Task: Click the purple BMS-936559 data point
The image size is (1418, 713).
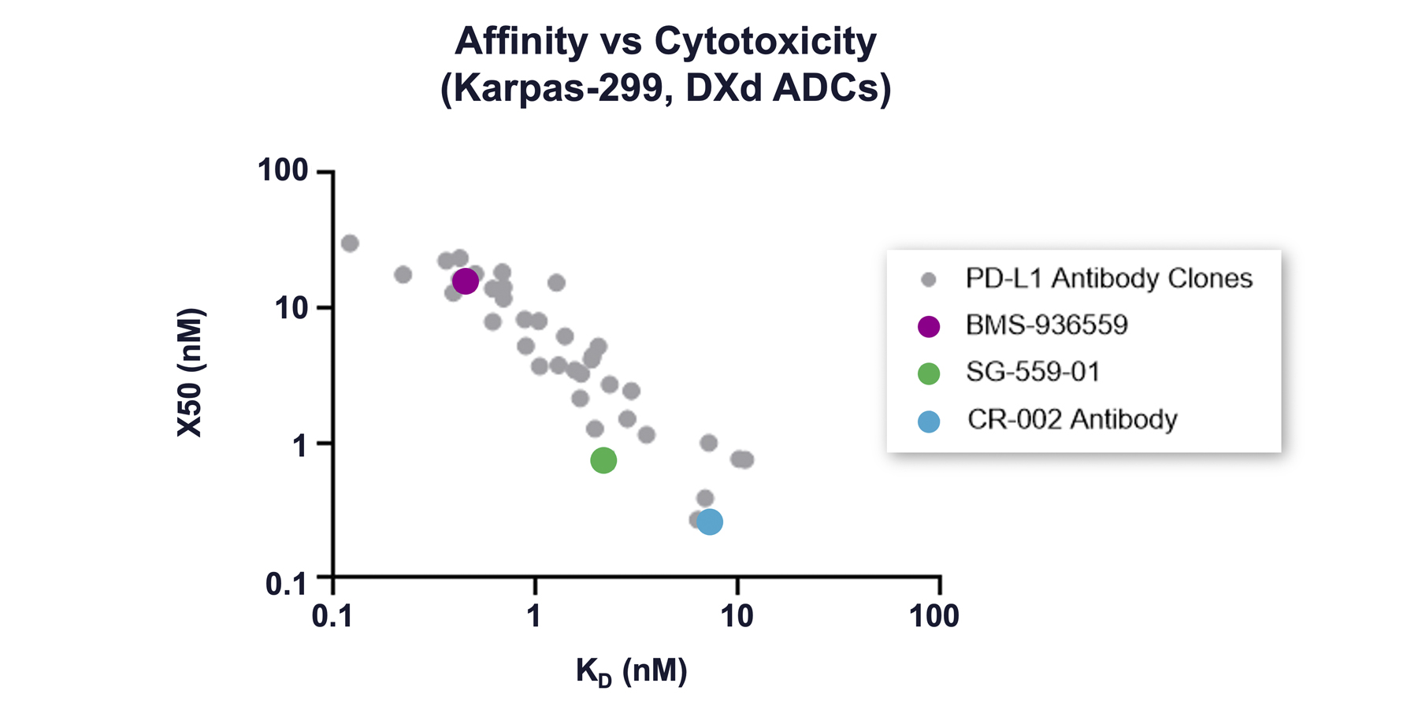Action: click(x=465, y=281)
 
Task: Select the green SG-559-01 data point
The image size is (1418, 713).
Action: click(x=603, y=460)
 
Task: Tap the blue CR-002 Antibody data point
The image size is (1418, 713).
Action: click(x=709, y=522)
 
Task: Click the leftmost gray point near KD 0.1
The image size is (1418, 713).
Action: click(x=350, y=243)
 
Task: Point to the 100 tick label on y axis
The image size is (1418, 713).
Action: click(x=283, y=170)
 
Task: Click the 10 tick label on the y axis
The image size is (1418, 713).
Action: click(x=291, y=308)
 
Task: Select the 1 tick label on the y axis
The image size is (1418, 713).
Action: click(x=300, y=446)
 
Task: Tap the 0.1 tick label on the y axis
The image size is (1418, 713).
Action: click(x=285, y=584)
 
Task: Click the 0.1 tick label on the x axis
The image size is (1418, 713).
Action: click(x=332, y=616)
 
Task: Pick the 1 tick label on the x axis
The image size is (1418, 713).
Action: click(x=534, y=616)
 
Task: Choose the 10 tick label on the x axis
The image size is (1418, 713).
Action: click(x=737, y=616)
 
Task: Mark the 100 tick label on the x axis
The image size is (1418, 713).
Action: click(x=934, y=616)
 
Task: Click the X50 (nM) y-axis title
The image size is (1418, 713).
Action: click(x=191, y=372)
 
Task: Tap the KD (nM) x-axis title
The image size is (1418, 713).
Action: click(x=631, y=672)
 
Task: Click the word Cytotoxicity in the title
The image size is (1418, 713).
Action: click(x=765, y=41)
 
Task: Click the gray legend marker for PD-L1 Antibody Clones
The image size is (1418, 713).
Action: click(x=929, y=280)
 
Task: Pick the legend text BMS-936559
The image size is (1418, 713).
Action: click(x=1047, y=325)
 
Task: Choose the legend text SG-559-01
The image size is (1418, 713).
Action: click(x=1033, y=372)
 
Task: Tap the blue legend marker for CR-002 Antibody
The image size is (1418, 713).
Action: click(x=929, y=421)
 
